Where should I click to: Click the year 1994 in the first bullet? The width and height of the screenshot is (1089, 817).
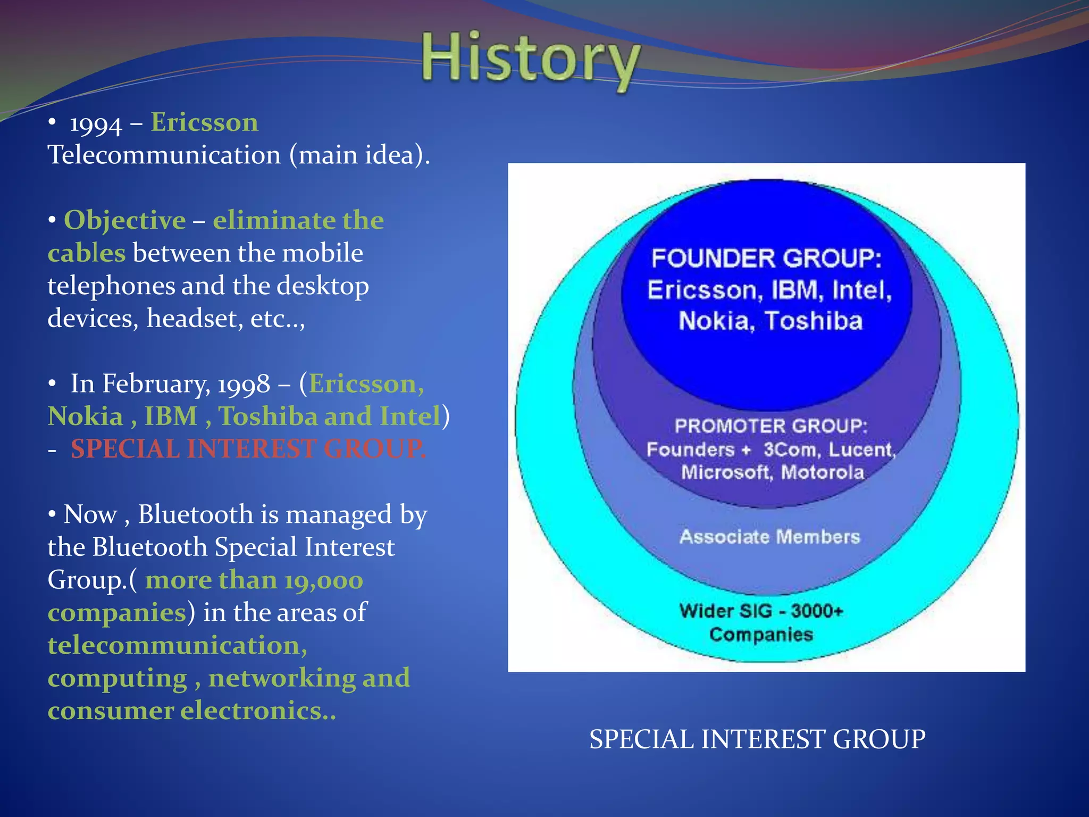tap(96, 124)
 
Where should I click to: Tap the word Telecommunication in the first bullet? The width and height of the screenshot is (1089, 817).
tap(164, 155)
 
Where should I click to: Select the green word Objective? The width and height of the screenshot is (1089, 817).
tap(125, 220)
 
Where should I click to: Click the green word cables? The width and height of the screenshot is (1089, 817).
tap(87, 253)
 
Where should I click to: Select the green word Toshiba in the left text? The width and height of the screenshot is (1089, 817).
tap(268, 416)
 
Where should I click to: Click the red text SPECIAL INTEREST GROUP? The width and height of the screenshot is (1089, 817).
tap(248, 449)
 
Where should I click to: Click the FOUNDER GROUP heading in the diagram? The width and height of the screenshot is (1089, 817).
tap(766, 259)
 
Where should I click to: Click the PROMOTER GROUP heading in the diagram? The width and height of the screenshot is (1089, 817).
tap(770, 426)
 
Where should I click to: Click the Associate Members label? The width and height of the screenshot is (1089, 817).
tap(769, 537)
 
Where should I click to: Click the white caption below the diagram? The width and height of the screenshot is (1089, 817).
tap(757, 739)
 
